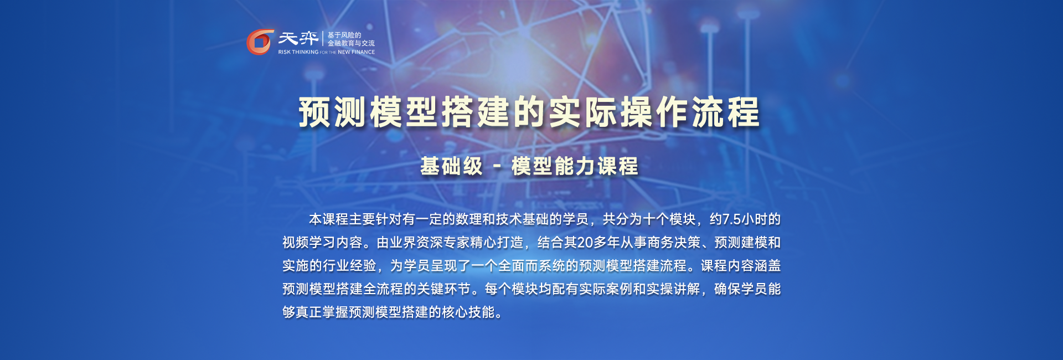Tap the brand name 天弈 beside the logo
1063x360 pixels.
[x=298, y=38]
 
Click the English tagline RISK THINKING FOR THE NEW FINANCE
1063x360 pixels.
[x=327, y=52]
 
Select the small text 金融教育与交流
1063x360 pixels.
[x=351, y=43]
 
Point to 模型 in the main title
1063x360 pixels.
[x=405, y=112]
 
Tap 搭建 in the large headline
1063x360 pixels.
[x=476, y=112]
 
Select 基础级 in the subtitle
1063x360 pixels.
[x=452, y=166]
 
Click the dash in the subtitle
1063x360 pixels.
[x=497, y=166]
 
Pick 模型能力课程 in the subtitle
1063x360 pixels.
[x=575, y=166]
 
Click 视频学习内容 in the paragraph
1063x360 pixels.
[x=322, y=243]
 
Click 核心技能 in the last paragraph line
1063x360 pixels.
[x=468, y=312]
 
